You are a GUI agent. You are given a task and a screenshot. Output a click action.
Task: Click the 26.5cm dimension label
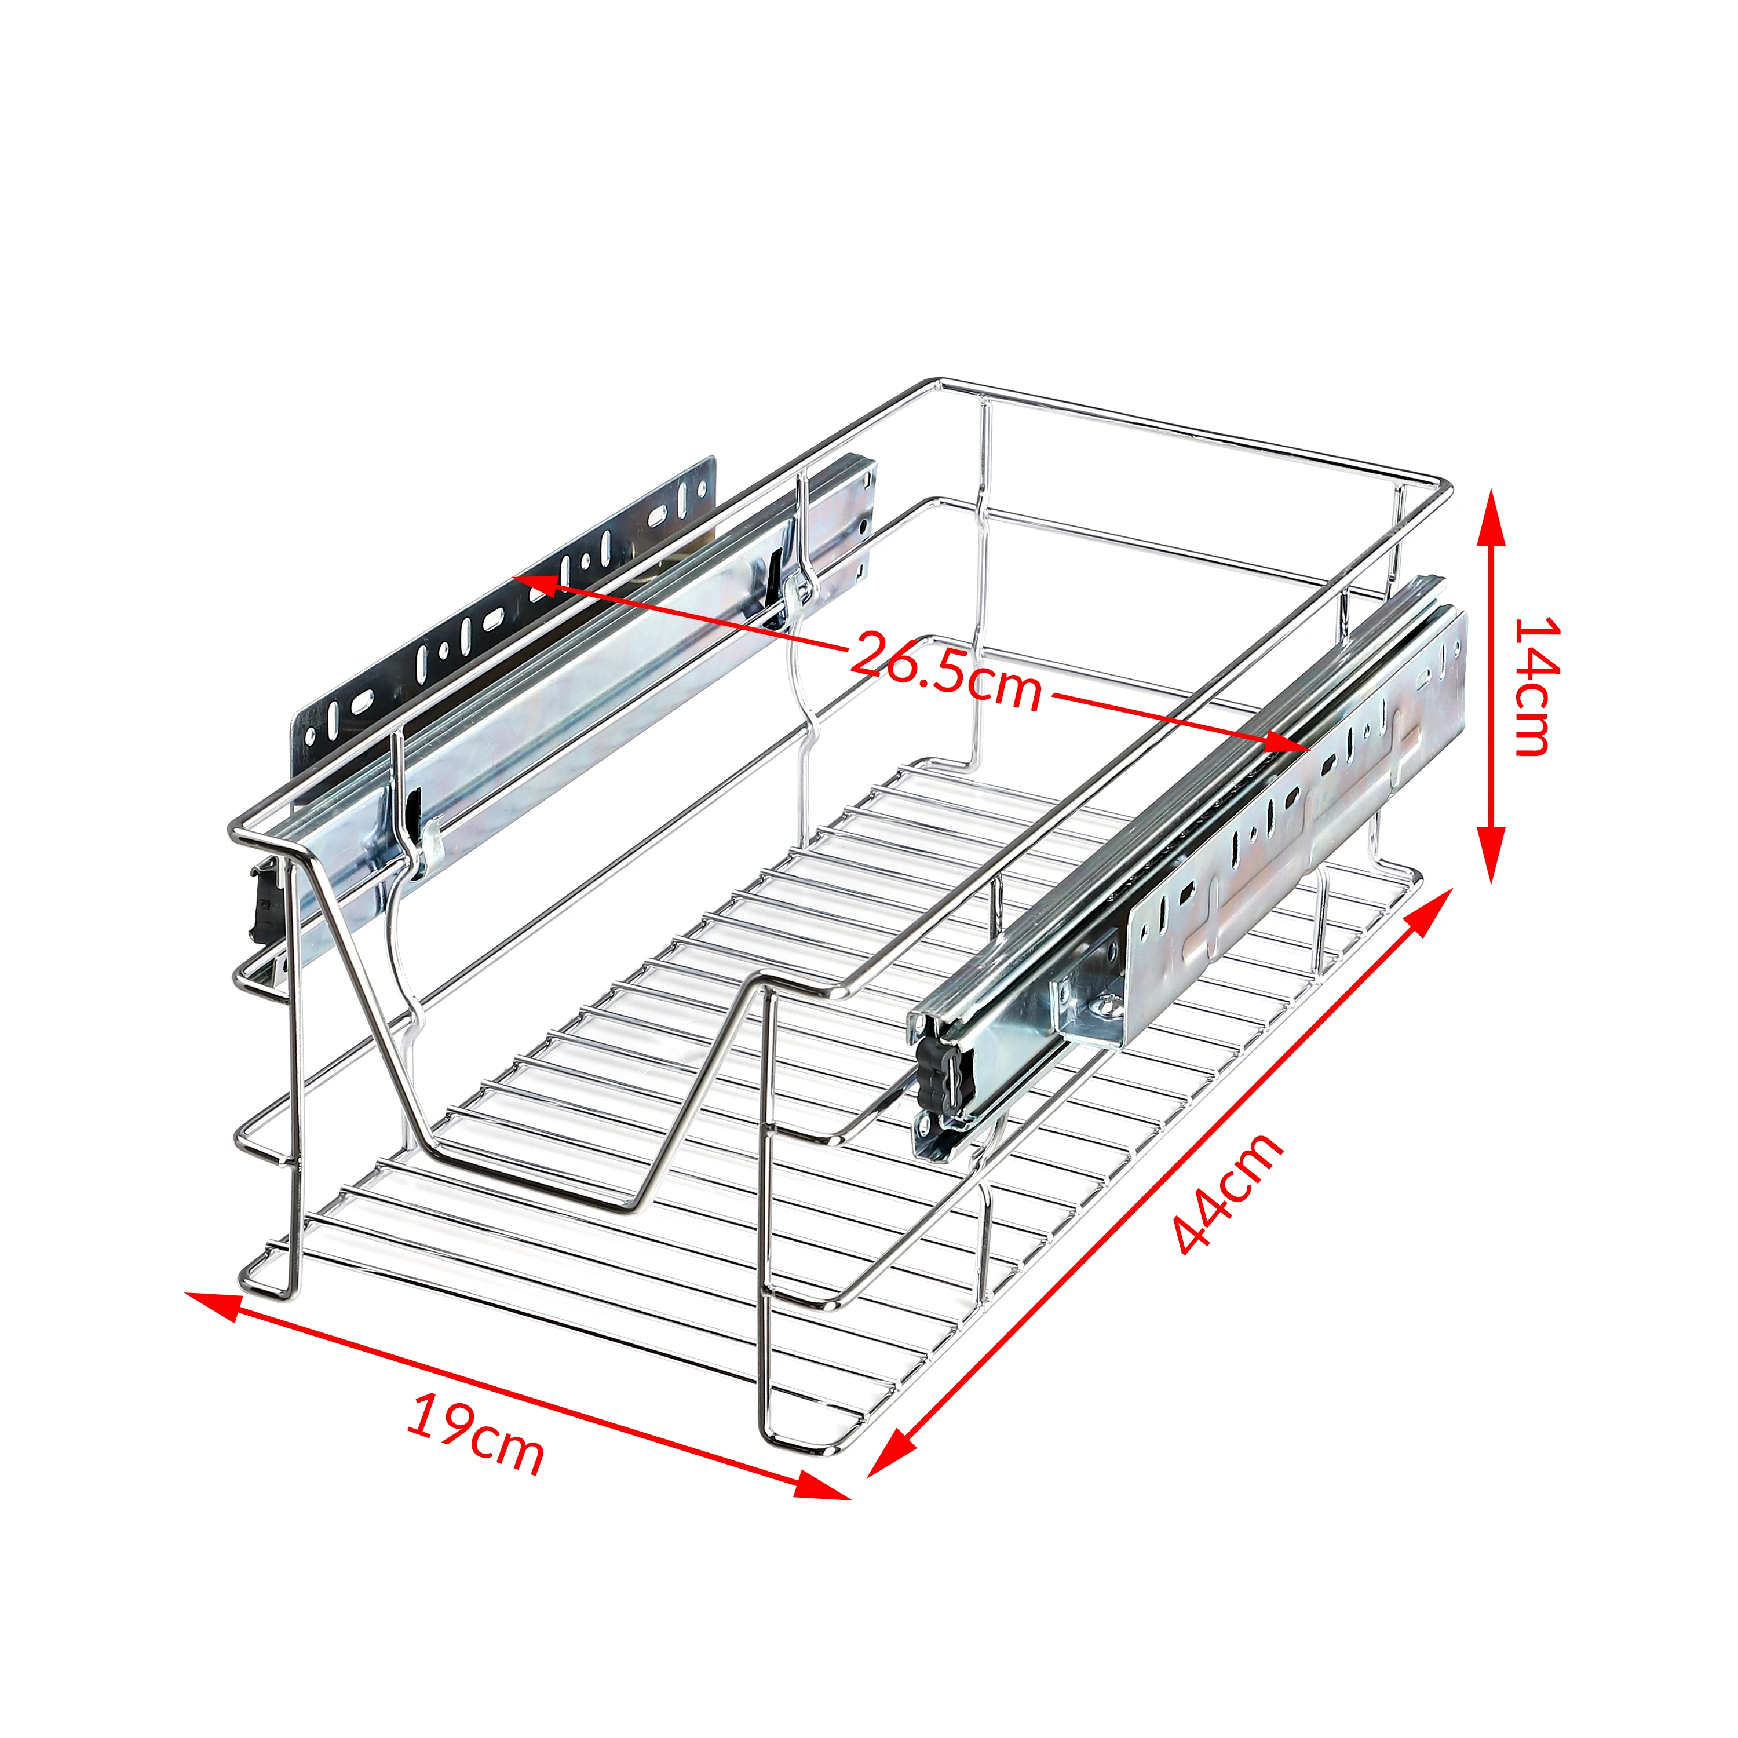point(944,671)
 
